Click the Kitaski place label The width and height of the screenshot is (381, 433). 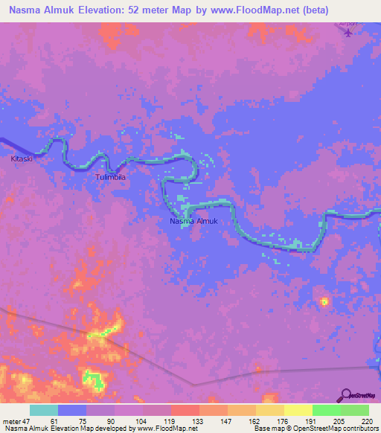click(22, 158)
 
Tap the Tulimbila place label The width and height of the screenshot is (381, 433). click(112, 178)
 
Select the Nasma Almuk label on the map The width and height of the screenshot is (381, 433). click(193, 221)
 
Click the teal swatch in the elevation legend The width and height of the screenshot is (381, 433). click(44, 410)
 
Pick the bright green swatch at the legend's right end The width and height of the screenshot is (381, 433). click(354, 410)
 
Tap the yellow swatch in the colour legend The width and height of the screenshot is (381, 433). click(298, 410)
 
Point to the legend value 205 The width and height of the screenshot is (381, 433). click(339, 420)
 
